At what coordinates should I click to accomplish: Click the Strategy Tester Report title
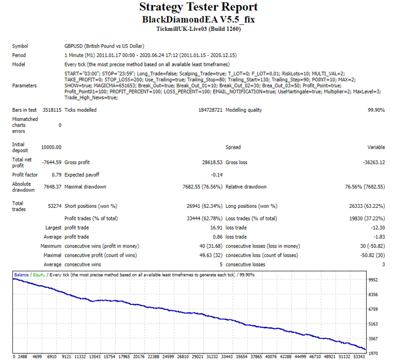tap(198, 7)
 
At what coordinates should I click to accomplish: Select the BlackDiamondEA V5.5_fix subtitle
tap(198, 20)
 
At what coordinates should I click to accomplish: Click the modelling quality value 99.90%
tap(376, 110)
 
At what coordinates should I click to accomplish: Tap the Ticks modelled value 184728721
tap(210, 110)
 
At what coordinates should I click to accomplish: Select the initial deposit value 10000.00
tap(51, 147)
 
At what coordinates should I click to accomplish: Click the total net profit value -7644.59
tap(52, 163)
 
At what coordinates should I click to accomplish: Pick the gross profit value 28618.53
tap(212, 163)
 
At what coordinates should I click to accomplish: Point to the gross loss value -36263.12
tap(374, 163)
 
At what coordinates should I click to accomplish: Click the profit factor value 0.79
tap(57, 175)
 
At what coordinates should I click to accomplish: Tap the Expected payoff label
tap(82, 175)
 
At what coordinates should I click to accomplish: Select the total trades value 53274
tap(55, 206)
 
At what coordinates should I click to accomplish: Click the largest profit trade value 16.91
tap(216, 228)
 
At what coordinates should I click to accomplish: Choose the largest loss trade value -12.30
tap(378, 228)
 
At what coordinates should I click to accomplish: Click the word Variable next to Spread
tap(376, 147)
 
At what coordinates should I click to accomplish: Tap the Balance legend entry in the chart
tap(22, 275)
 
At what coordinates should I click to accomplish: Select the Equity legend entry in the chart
tap(39, 275)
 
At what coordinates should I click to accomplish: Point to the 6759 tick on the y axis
tap(373, 309)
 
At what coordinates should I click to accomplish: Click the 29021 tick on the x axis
tap(198, 357)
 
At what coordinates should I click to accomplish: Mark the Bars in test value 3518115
tap(52, 110)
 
